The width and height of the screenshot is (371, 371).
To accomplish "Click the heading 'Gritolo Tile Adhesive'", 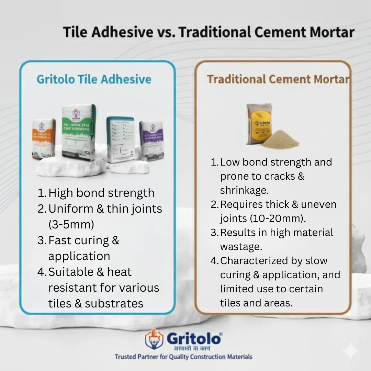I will tap(94, 79).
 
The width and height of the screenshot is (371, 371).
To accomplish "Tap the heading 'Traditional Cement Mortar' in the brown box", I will tap(278, 79).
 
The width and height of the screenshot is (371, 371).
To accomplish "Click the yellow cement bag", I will tap(259, 124).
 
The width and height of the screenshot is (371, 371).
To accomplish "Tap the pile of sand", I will tap(280, 140).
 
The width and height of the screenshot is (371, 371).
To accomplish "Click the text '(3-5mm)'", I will tap(71, 224).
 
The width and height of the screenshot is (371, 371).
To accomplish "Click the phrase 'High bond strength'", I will tap(101, 193).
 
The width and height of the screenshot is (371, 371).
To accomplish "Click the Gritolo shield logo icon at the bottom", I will tap(154, 339).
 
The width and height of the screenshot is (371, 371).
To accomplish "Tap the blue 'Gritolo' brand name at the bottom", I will tap(194, 338).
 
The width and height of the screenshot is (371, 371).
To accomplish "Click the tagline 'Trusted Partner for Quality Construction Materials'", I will tap(183, 357).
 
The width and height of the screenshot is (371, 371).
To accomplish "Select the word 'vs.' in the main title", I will tap(166, 32).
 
